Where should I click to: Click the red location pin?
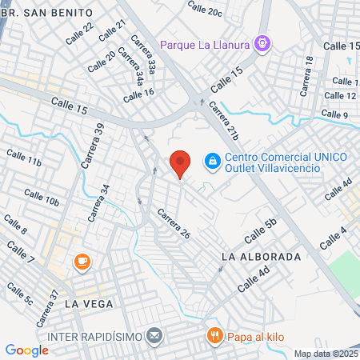click(x=180, y=163)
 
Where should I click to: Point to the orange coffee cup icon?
click(x=82, y=262)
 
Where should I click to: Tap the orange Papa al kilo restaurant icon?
click(x=213, y=336)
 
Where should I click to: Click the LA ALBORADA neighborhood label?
click(x=261, y=258)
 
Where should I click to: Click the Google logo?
click(x=26, y=350)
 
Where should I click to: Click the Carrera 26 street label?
click(x=173, y=225)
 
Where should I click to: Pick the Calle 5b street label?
click(x=260, y=231)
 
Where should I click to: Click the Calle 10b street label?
click(x=41, y=197)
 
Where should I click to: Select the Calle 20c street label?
click(x=205, y=8)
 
